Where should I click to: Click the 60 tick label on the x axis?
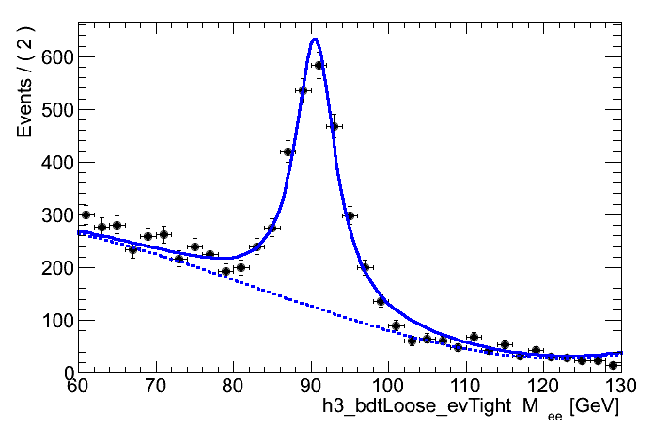(78, 386)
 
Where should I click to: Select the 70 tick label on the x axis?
(156, 386)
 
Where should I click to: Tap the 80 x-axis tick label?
(233, 386)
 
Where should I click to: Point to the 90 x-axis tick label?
(311, 386)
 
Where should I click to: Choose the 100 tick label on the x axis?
(388, 386)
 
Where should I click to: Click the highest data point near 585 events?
(319, 65)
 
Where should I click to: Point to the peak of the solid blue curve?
(315, 39)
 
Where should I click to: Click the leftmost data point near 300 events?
(86, 214)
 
